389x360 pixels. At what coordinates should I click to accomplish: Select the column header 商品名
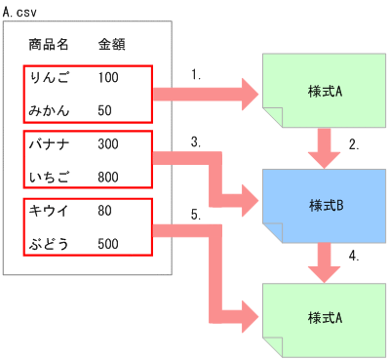click(48, 44)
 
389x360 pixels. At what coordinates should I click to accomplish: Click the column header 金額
click(111, 44)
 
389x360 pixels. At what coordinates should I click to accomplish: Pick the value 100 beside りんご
click(108, 75)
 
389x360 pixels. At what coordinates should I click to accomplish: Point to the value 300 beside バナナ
click(108, 144)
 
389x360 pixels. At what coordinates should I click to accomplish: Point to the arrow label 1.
click(198, 73)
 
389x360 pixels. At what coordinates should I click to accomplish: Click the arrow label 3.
click(196, 141)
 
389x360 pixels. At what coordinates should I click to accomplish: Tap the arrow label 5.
click(196, 216)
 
